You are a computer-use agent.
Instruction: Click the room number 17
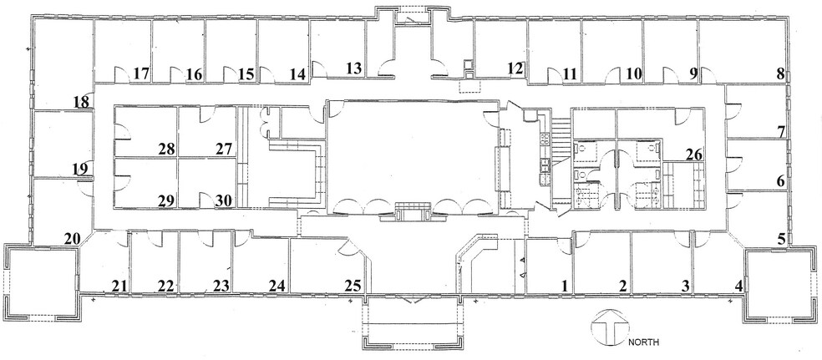140,74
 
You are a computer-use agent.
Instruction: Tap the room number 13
353,68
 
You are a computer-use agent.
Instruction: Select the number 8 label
780,74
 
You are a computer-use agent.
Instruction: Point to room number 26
693,154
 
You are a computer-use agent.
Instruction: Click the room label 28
165,149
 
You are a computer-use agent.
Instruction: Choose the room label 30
223,200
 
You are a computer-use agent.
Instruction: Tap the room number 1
565,286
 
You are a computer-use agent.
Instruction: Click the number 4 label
738,286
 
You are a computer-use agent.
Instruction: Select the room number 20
73,239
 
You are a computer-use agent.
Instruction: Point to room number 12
515,68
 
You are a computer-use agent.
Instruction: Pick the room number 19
80,170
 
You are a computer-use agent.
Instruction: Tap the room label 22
166,286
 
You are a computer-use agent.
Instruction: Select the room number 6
780,180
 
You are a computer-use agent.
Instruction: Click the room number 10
633,74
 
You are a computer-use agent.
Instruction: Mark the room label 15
246,74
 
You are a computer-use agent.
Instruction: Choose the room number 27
223,149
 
